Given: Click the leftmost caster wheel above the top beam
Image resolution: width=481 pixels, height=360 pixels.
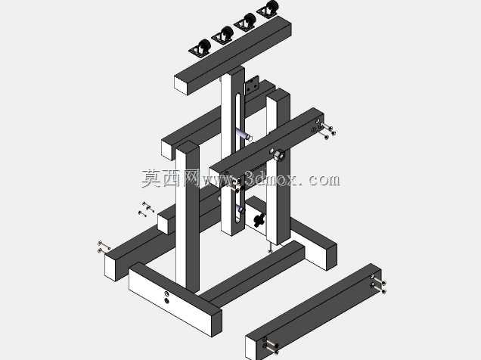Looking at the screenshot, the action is (200, 48).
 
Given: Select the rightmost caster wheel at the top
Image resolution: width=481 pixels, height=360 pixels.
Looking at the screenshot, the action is (268, 8).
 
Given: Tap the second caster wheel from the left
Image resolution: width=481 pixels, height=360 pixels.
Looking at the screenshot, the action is (223, 35).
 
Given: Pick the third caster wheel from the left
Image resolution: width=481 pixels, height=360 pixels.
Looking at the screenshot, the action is (245, 22).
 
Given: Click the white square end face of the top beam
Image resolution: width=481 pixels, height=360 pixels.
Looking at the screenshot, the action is (182, 85).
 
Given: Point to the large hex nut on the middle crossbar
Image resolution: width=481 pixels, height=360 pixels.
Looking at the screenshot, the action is (278, 155).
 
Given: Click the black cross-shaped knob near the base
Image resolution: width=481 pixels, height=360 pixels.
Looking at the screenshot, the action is (259, 219).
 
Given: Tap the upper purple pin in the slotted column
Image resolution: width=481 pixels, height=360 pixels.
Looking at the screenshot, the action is (244, 135).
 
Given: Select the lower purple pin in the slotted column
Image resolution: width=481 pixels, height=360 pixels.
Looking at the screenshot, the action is (240, 209).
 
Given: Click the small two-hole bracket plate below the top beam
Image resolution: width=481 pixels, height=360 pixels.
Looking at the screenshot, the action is (251, 86).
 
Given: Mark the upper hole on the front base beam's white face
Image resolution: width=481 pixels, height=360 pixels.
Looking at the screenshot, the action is (166, 293).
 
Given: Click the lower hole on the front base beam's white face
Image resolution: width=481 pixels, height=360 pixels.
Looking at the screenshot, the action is (166, 300).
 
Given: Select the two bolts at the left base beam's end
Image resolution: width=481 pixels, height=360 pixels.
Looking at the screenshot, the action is (104, 247).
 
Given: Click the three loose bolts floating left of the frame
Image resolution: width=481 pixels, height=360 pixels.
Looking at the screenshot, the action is (146, 209).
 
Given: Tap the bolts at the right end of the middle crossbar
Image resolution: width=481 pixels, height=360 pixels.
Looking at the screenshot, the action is (325, 130).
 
